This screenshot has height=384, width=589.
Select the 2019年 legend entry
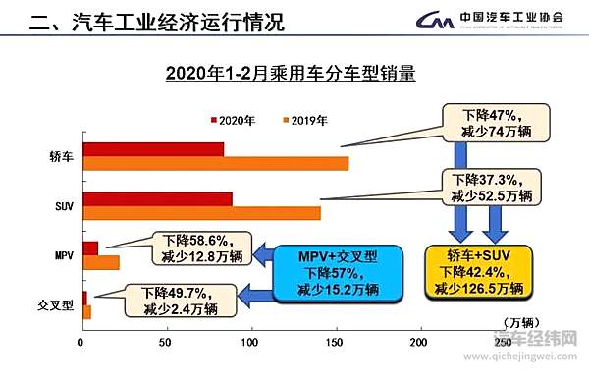point(307,120)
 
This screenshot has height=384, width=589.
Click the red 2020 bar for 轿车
point(153,149)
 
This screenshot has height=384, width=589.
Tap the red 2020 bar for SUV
point(157,199)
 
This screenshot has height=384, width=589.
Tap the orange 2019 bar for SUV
point(202,213)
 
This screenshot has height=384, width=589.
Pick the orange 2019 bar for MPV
point(101,262)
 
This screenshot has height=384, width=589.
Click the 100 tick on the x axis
point(251,342)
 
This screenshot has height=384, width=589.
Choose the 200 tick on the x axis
point(419,342)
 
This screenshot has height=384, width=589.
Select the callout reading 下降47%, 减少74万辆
point(488,122)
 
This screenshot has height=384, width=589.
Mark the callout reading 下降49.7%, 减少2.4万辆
point(180,300)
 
